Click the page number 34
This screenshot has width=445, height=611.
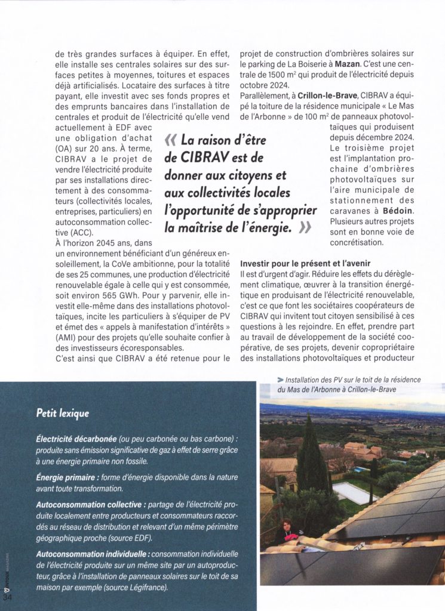(x=8, y=597)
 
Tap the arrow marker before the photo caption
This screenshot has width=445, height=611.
(x=280, y=379)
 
